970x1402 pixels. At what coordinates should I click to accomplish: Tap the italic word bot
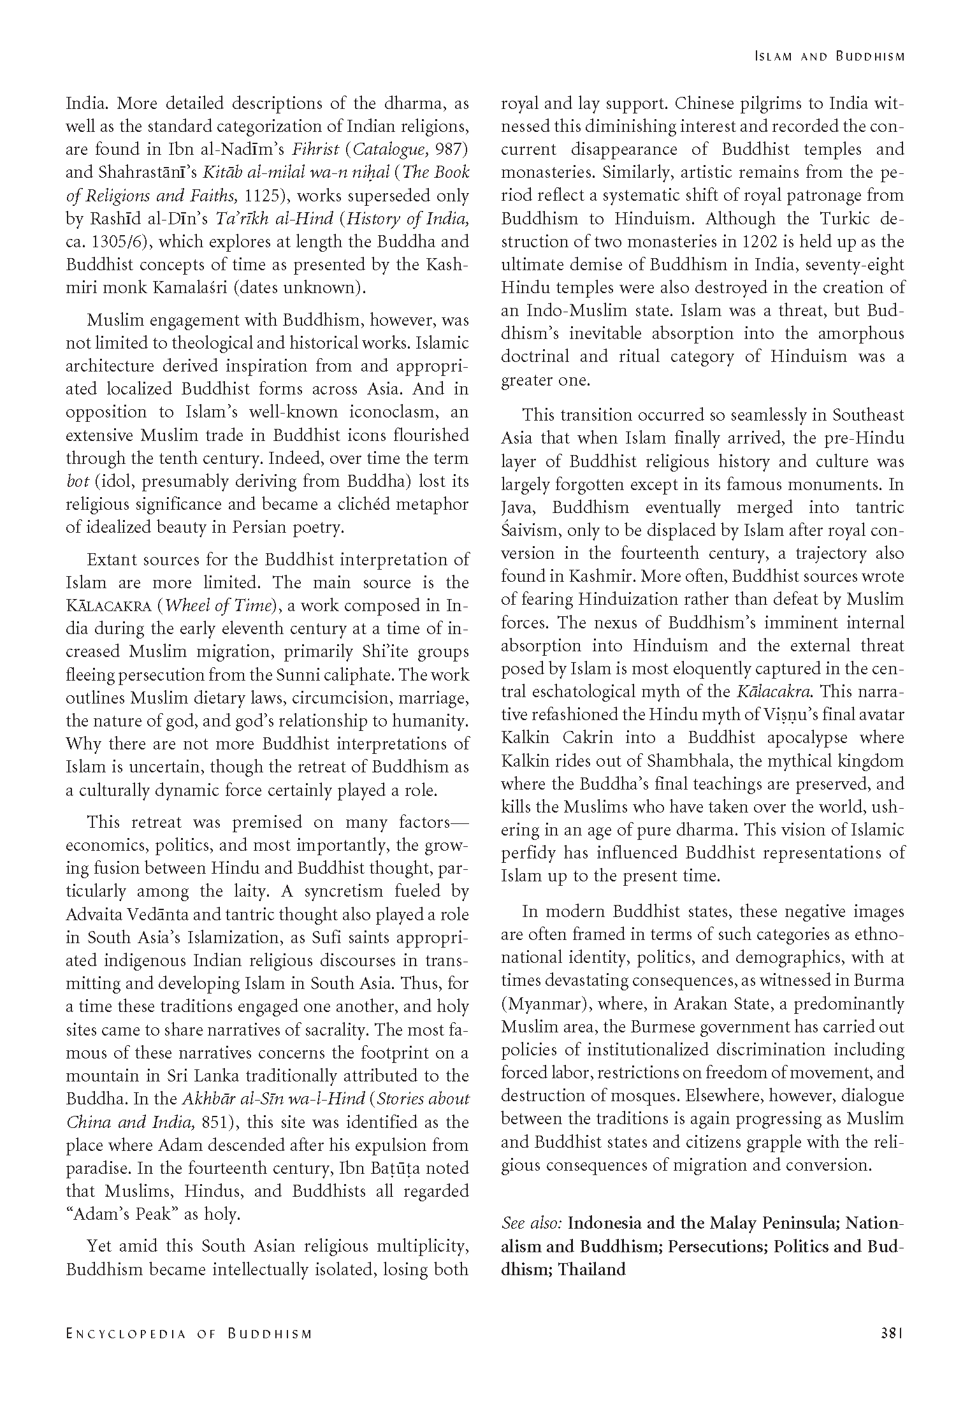tap(77, 481)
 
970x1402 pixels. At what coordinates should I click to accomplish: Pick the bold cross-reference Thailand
tap(592, 1269)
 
